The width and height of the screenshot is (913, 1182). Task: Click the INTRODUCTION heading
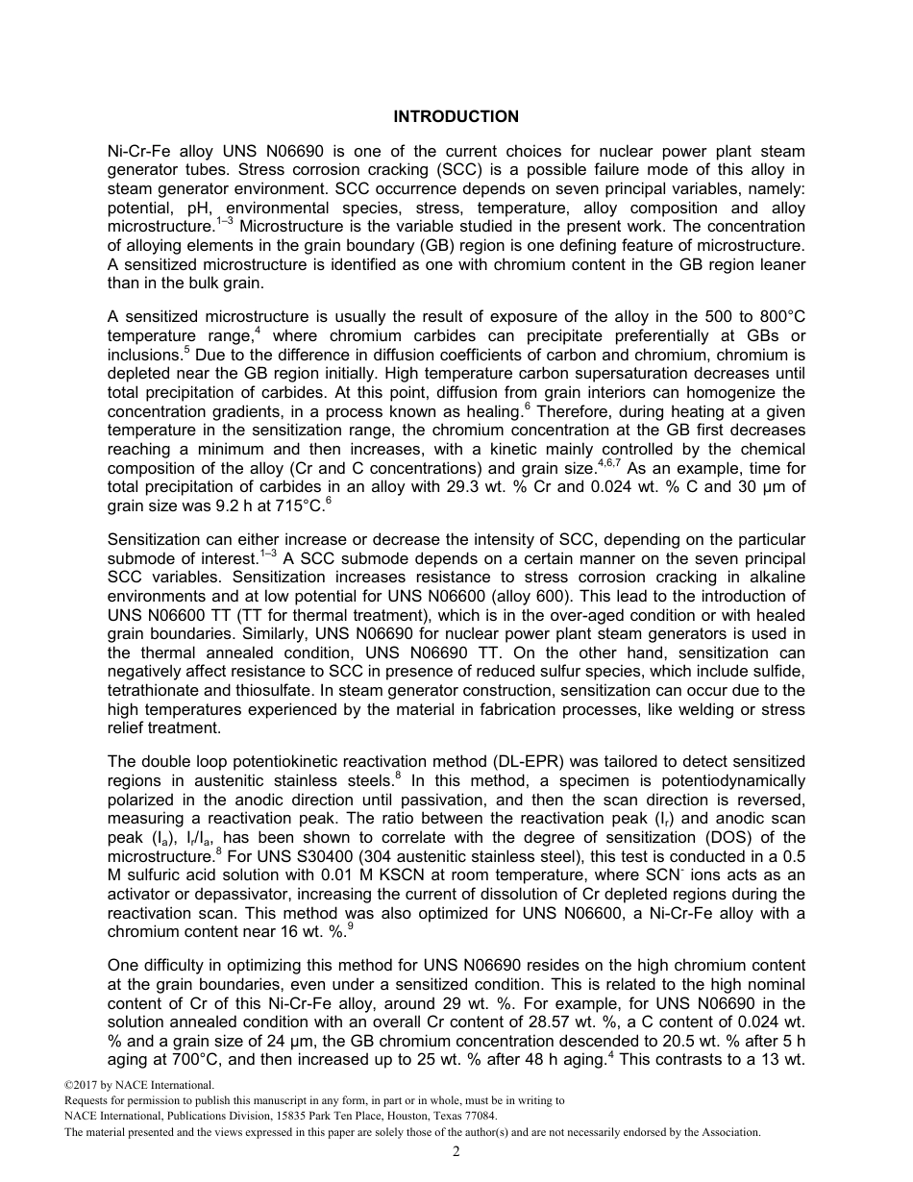coord(456,116)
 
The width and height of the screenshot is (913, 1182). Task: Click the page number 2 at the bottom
coord(456,1152)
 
